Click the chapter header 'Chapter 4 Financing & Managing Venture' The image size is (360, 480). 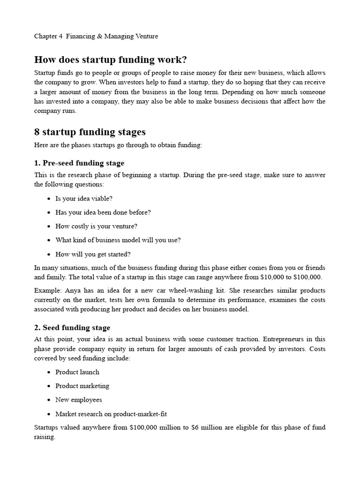96,36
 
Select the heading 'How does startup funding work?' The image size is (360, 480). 111,60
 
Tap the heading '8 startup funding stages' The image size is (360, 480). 90,132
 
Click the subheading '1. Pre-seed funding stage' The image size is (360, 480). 79,163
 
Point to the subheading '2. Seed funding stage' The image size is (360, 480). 72,328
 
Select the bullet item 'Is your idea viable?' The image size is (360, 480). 84,198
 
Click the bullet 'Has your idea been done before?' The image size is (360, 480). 103,212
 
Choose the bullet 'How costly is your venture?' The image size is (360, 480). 96,226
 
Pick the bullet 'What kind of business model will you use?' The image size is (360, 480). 118,240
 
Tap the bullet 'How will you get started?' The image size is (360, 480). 93,254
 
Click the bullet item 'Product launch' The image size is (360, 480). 77,372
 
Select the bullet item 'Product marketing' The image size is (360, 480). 82,386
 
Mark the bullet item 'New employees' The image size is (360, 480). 78,400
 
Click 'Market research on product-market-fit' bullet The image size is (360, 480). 111,414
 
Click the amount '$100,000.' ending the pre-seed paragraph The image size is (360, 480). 307,277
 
